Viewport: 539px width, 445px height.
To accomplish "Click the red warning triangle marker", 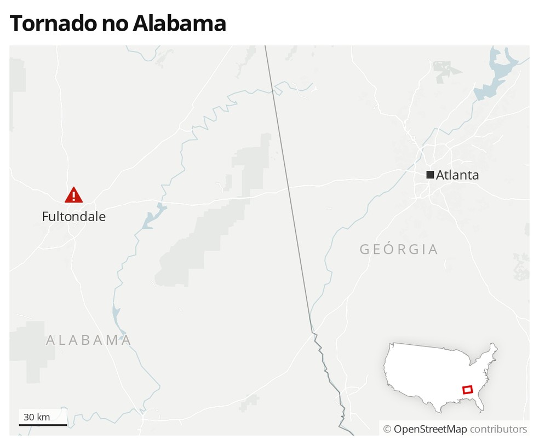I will [x=73, y=195].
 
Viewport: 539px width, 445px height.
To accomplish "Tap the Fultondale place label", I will [x=73, y=217].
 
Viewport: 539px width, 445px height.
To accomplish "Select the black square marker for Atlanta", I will [x=430, y=175].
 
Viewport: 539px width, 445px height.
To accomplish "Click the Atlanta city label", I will [x=457, y=175].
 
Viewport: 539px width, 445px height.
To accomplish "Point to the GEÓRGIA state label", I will [x=399, y=250].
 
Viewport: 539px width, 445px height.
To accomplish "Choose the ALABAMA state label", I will [x=88, y=340].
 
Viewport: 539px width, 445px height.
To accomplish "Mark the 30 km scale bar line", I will [x=43, y=425].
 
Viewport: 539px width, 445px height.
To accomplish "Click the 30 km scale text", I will [x=37, y=417].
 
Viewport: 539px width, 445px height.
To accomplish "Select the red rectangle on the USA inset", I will [x=467, y=390].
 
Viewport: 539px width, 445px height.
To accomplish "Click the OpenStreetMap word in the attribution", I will [x=430, y=429].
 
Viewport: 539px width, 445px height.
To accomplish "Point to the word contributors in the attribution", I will [x=498, y=429].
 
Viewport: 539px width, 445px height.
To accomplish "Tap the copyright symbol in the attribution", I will [x=387, y=429].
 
